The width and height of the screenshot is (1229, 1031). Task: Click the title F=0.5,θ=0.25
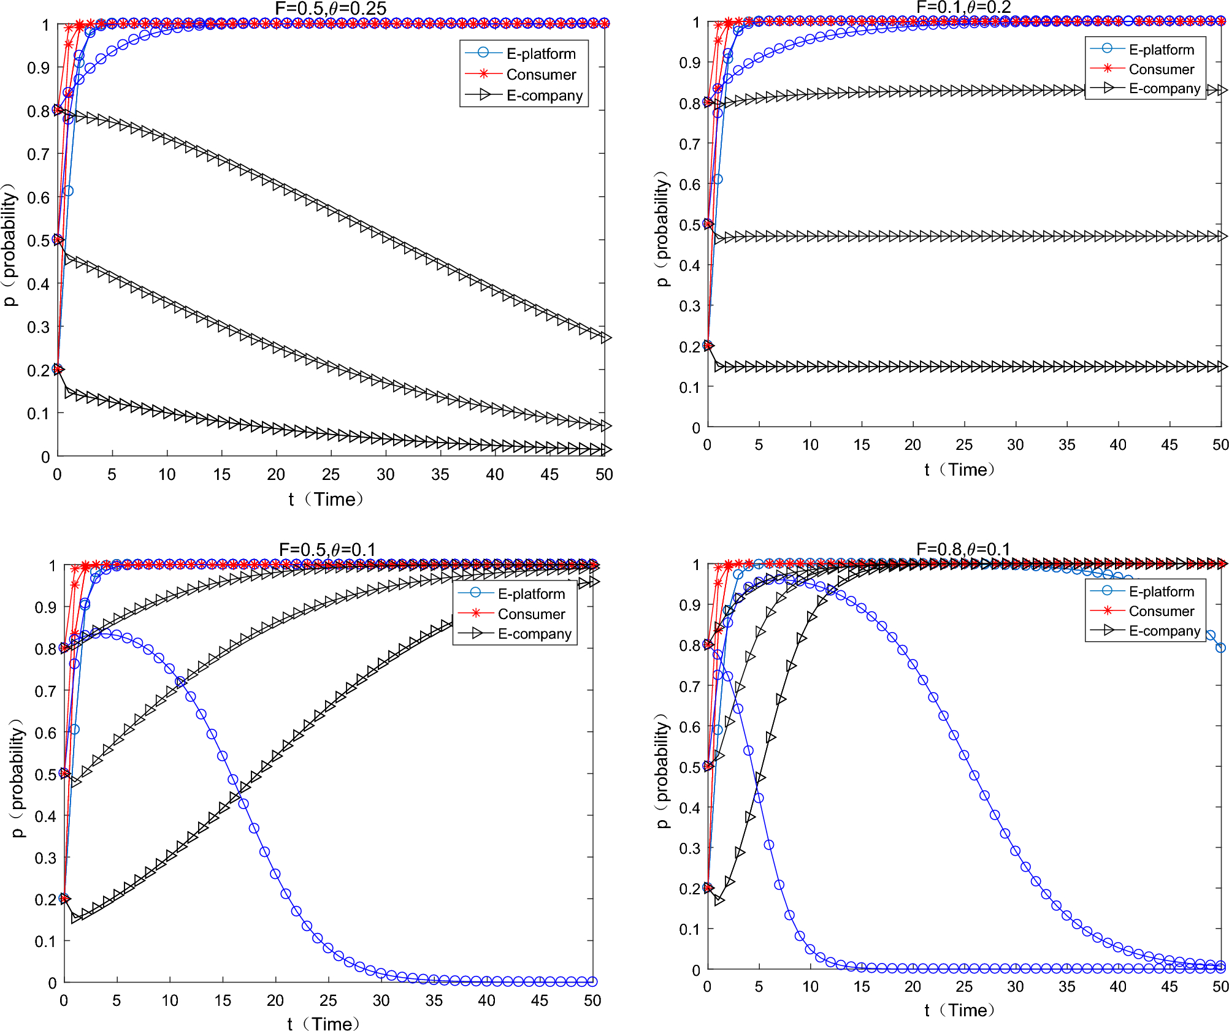pyautogui.click(x=331, y=9)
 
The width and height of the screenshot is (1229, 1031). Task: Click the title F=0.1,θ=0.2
pyautogui.click(x=963, y=7)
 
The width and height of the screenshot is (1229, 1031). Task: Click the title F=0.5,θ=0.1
pyautogui.click(x=327, y=549)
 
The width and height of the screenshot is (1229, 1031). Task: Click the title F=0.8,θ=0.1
pyautogui.click(x=963, y=549)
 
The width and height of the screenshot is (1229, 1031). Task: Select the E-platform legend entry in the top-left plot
pyautogui.click(x=540, y=54)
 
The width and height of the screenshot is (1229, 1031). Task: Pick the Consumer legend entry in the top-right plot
pyautogui.click(x=1161, y=69)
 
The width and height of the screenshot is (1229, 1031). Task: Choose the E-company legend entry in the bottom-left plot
pyautogui.click(x=534, y=634)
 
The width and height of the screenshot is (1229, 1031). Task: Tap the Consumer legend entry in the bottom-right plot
pyautogui.click(x=1161, y=611)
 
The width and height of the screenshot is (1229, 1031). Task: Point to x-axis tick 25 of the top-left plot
pyautogui.click(x=331, y=474)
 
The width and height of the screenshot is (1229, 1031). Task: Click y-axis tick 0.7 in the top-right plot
pyautogui.click(x=689, y=144)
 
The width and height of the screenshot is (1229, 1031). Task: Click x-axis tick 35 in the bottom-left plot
pyautogui.click(x=434, y=1000)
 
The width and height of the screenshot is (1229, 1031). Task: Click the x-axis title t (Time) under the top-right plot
pyautogui.click(x=960, y=470)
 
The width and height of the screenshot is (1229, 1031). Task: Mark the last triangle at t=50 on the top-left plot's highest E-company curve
pyautogui.click(x=605, y=338)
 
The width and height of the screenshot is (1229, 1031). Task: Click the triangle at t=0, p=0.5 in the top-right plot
pyautogui.click(x=708, y=224)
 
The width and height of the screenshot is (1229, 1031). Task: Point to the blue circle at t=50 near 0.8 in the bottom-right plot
pyautogui.click(x=1220, y=647)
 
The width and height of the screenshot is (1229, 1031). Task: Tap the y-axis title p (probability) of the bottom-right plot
pyautogui.click(x=662, y=770)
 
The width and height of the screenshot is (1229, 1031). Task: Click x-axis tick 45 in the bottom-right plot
pyautogui.click(x=1169, y=986)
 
